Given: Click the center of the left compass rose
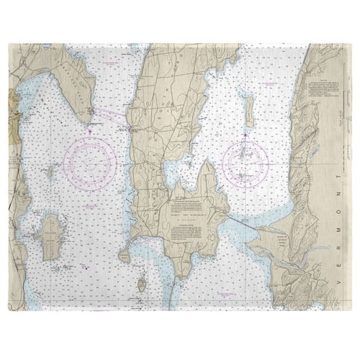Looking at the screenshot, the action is (90, 162).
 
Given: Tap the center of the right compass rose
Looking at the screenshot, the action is (246, 163).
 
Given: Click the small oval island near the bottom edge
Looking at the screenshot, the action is (142, 285).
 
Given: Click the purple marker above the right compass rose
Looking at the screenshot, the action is (246, 134).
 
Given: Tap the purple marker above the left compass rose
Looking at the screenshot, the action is (90, 132).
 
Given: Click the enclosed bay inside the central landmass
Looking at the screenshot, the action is (176, 173).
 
